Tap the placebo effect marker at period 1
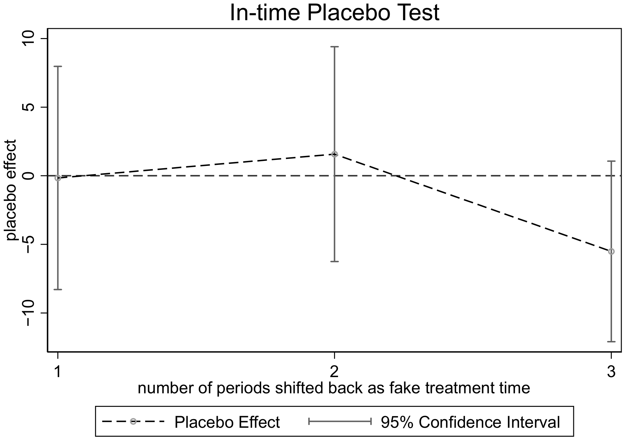58,178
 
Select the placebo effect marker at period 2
335,154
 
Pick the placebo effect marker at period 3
611,252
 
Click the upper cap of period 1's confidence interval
58,66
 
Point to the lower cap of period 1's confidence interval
58,289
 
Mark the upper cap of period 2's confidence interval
335,47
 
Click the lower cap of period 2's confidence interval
335,262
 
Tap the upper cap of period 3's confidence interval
611,161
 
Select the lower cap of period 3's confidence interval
611,341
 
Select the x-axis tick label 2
335,372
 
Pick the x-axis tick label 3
611,372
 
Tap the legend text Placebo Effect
227,422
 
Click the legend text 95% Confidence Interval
471,422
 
